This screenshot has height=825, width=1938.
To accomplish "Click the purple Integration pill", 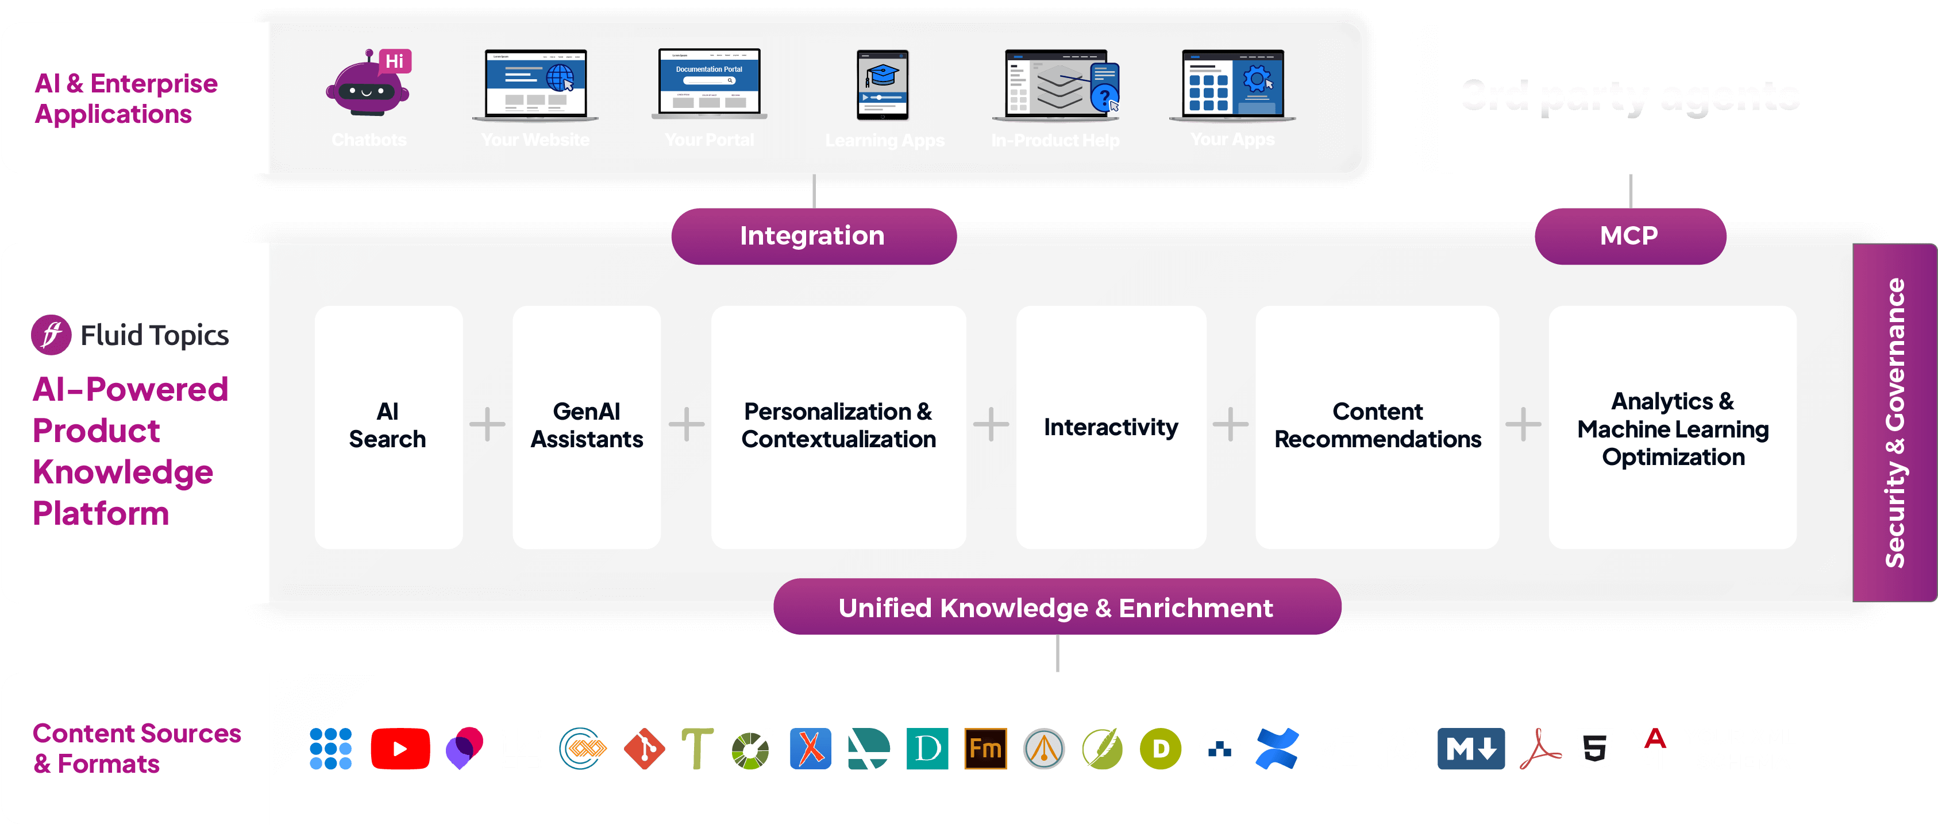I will (813, 236).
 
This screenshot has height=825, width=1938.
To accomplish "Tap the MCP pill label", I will (1629, 236).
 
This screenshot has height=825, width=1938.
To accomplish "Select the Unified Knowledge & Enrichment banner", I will (1056, 607).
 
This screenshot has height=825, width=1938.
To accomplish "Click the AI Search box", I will (388, 427).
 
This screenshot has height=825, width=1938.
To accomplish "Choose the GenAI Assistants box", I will (587, 427).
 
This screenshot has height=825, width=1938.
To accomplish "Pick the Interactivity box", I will (1111, 427).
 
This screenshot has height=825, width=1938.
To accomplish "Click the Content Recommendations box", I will (1377, 427).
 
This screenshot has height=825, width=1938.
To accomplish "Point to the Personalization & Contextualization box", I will (838, 427).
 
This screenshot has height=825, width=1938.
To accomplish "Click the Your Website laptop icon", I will (535, 83).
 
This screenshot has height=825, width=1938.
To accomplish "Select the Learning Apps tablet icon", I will (883, 85).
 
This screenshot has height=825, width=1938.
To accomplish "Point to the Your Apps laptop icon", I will (1232, 83).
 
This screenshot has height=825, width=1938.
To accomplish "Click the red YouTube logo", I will (400, 749).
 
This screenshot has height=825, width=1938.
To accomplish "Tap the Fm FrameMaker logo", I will (985, 749).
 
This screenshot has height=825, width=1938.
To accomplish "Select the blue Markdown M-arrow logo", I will (1471, 749).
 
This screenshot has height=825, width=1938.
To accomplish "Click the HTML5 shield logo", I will (1595, 749).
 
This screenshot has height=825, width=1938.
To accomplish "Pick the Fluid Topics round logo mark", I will (51, 335).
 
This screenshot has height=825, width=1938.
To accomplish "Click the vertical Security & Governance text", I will (1894, 423).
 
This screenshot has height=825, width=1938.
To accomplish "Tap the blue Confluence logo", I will (1277, 749).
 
